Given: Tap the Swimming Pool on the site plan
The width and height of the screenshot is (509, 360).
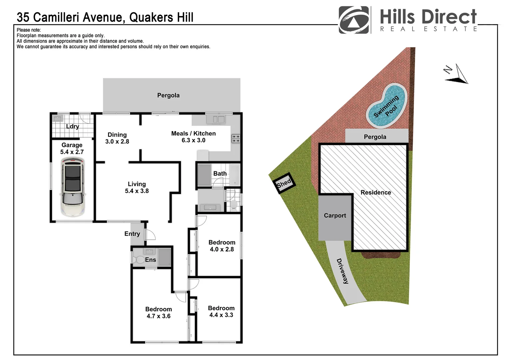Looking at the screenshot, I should click(x=386, y=106).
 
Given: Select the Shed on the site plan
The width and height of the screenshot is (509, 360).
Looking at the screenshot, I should click(x=284, y=183).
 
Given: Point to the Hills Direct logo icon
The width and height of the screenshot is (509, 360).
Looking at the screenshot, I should click(x=354, y=20).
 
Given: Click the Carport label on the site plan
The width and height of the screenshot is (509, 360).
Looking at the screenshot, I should click(x=335, y=216).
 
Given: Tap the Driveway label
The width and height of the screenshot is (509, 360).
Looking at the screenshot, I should click(x=342, y=271).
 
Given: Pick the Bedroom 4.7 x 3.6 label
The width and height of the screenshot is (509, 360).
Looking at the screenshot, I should click(x=159, y=313).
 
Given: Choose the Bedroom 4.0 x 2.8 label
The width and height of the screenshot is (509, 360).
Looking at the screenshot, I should click(x=222, y=246).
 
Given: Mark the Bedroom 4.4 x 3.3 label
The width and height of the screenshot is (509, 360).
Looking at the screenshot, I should click(x=221, y=311).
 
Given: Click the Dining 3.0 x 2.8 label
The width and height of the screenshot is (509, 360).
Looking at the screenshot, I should click(x=117, y=138).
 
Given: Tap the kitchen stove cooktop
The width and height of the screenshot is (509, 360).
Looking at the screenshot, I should click(x=236, y=138).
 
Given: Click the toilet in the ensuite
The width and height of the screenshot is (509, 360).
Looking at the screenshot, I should click(x=138, y=259).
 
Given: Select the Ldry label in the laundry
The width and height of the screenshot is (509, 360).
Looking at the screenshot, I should click(x=72, y=126).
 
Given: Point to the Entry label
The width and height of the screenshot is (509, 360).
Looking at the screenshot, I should click(x=132, y=234).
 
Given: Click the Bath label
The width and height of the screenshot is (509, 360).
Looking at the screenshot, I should click(x=220, y=173).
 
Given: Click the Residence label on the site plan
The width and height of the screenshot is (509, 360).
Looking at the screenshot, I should click(x=376, y=192).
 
